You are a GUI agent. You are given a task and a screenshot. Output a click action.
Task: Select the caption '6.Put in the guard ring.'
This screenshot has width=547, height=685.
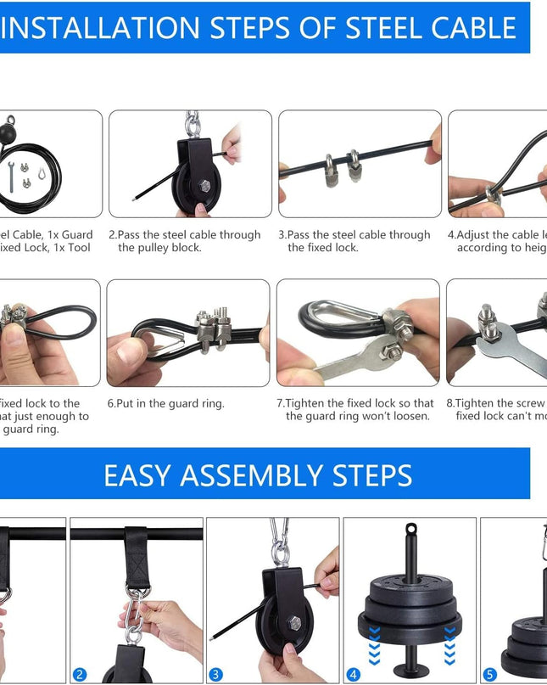(166, 404)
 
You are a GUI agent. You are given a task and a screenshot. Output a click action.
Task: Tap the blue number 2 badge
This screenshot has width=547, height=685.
(80, 675)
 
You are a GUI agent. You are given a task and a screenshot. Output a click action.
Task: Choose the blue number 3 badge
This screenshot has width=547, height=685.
(216, 675)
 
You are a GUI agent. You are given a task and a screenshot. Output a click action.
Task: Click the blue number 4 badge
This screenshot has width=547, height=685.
(353, 675)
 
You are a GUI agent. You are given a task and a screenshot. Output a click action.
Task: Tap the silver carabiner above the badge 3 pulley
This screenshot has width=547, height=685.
(279, 542)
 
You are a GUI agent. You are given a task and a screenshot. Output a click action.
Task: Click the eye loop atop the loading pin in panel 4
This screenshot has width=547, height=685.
(411, 531)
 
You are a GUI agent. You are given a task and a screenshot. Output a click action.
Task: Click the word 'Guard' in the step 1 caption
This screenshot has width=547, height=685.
(77, 235)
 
